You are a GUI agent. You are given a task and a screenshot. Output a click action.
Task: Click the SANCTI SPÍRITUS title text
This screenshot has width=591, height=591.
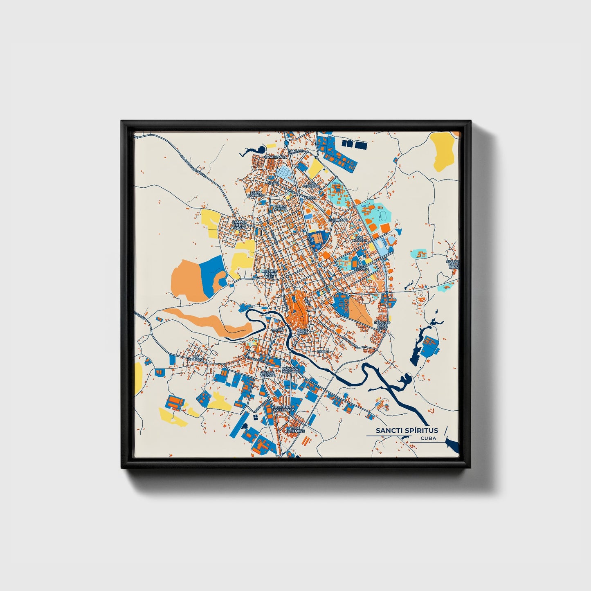pos(407,430)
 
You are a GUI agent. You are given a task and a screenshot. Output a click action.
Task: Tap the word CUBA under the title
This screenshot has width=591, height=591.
pos(428,438)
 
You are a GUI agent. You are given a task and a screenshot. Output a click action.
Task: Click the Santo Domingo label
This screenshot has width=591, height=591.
pos(256,194)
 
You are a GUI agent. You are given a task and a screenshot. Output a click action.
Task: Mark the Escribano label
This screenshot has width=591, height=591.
pos(338,220)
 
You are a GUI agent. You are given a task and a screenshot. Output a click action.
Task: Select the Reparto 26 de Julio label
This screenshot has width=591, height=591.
pos(382,325)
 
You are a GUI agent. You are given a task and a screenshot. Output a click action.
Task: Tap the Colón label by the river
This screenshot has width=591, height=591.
pos(277,330)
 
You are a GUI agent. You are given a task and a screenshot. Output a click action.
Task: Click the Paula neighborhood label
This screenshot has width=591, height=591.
pos(323,351)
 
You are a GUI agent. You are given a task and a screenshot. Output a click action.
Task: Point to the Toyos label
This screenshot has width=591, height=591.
pos(310,198)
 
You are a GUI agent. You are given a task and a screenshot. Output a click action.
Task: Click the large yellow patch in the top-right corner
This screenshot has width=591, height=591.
pos(443,151)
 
